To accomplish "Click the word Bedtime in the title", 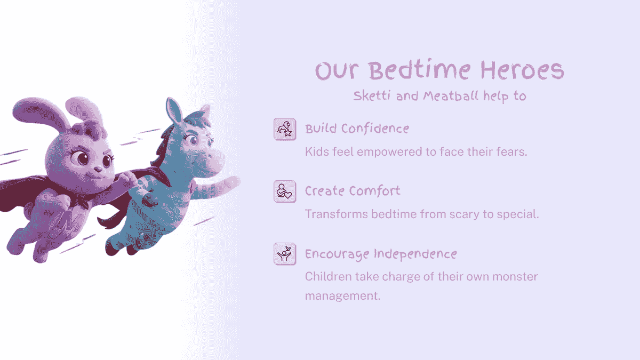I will (421, 71).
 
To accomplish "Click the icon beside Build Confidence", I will (285, 129).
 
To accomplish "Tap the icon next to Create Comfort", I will (285, 191).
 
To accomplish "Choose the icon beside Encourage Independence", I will (285, 254).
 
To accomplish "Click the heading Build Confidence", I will (357, 129).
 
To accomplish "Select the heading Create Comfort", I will (353, 191).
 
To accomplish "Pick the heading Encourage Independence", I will (381, 254).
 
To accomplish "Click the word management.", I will (342, 295).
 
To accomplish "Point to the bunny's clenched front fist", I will (60, 204).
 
